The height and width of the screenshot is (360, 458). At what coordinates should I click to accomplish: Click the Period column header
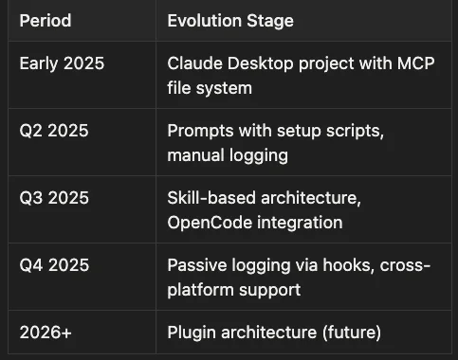46,20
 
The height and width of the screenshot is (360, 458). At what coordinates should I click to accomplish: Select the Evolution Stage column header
230,20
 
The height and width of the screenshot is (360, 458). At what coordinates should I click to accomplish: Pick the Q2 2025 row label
54,131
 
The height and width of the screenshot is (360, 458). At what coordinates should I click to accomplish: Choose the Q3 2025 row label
54,198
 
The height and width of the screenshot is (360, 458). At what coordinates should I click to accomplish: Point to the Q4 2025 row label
54,265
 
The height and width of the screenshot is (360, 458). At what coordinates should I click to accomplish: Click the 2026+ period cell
46,333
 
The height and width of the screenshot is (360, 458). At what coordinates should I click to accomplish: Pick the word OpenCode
208,223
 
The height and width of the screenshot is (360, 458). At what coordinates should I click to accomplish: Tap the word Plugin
192,333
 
